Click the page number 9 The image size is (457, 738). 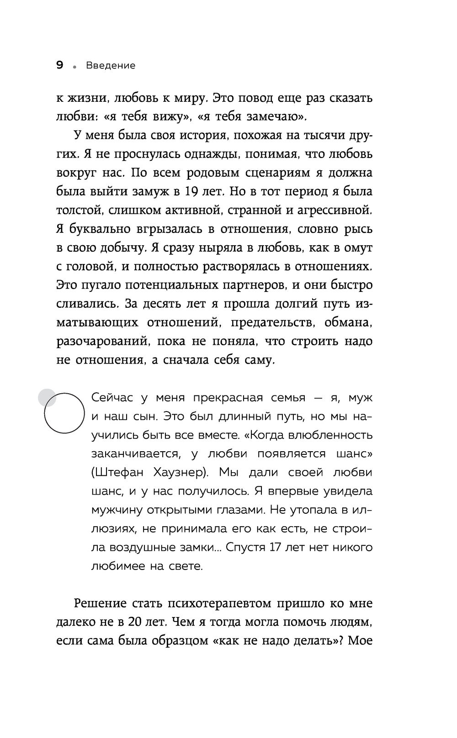tap(59, 65)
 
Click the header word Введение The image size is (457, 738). tap(111, 66)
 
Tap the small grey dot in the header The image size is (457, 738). tap(74, 67)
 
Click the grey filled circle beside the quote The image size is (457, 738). tap(47, 397)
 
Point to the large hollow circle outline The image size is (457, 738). tap(64, 413)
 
